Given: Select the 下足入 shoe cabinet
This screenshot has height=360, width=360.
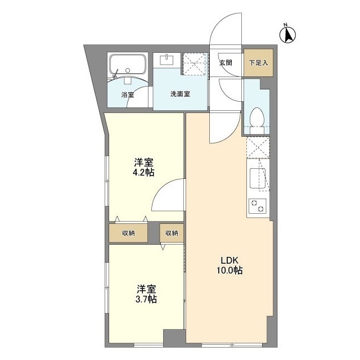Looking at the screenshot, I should [258, 62].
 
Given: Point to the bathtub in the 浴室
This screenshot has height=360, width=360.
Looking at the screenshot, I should [128, 62].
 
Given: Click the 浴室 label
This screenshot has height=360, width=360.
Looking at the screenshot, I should [128, 94].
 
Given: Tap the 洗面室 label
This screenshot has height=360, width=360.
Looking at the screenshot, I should [180, 94].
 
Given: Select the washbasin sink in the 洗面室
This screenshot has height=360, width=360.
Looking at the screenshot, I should [168, 59].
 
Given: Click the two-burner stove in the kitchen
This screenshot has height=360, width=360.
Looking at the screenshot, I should [258, 206].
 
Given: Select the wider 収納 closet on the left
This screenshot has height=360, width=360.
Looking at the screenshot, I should [129, 233].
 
